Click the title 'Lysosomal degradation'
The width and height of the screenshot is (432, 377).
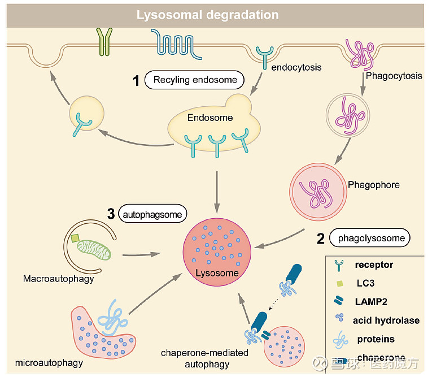[x=208, y=14]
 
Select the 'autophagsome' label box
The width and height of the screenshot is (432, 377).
[x=154, y=214]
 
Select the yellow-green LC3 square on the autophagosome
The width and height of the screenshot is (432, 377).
[x=75, y=239]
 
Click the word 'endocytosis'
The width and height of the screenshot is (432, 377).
[x=296, y=67]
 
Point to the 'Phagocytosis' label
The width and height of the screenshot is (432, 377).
[x=393, y=76]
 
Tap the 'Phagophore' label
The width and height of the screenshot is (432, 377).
[x=373, y=185]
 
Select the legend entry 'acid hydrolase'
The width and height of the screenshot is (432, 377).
[x=386, y=320]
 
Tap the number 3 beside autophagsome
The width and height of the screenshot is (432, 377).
[x=111, y=214]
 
